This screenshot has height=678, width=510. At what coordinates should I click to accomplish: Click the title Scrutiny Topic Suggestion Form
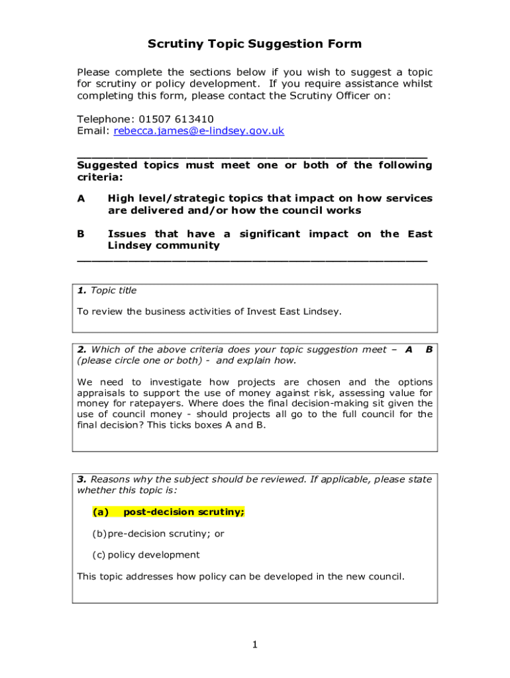pyautogui.click(x=254, y=44)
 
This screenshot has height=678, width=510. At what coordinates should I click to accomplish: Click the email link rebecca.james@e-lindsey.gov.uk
pyautogui.click(x=199, y=131)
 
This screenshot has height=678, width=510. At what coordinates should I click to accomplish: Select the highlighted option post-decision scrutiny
pyautogui.click(x=184, y=512)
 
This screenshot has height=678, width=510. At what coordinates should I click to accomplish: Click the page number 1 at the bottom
pyautogui.click(x=254, y=645)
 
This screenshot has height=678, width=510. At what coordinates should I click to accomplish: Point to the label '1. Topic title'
pyautogui.click(x=107, y=291)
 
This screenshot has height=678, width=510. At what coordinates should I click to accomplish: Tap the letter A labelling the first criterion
pyautogui.click(x=81, y=199)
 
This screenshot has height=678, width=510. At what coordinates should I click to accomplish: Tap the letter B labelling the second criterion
pyautogui.click(x=81, y=234)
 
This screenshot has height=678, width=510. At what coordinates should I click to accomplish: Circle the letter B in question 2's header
pyautogui.click(x=429, y=350)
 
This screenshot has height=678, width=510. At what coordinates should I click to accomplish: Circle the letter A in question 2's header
pyautogui.click(x=409, y=350)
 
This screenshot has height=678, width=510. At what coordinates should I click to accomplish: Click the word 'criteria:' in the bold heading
pyautogui.click(x=99, y=177)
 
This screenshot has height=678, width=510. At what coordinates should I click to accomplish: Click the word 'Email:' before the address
pyautogui.click(x=93, y=131)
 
